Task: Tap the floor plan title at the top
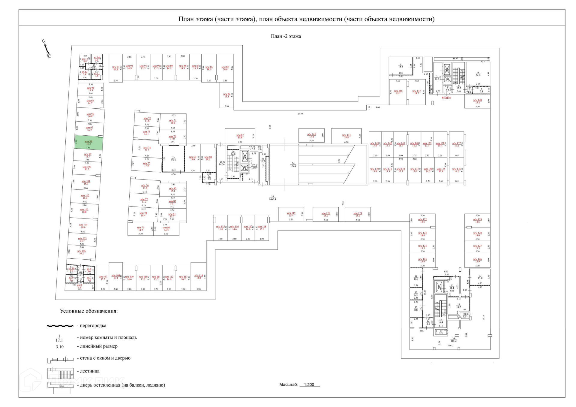(306, 19)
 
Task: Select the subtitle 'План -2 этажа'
(286, 36)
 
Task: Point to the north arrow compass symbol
(46, 49)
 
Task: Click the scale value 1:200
(309, 384)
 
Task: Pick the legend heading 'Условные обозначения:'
(88, 311)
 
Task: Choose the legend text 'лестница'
(90, 371)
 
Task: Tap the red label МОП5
(446, 98)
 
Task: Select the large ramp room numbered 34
(293, 164)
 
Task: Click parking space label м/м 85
(225, 68)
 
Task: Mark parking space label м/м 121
(358, 214)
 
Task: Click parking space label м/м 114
(199, 276)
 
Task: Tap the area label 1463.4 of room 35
(272, 199)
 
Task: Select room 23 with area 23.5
(173, 159)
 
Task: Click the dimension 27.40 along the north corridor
(300, 114)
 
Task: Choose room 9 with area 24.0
(478, 74)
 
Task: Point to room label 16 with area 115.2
(453, 339)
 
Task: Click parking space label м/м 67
(240, 136)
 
